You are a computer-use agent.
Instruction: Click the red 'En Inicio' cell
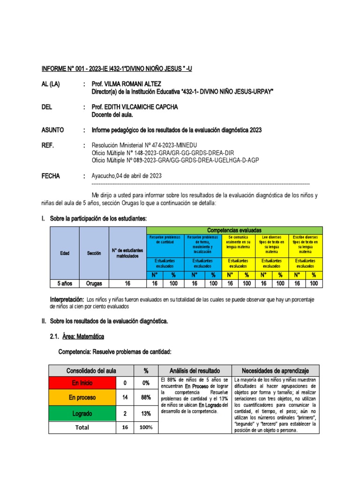pyautogui.click(x=82, y=383)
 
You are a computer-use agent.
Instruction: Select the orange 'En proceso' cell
pyautogui.click(x=82, y=397)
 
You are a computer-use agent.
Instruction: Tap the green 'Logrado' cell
pyautogui.click(x=82, y=413)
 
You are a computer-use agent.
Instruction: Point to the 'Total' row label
pyautogui.click(x=82, y=427)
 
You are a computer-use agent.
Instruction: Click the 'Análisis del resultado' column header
pyautogui.click(x=194, y=370)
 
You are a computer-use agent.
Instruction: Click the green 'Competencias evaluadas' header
pyautogui.click(x=234, y=230)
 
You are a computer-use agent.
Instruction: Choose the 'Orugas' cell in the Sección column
pyautogui.click(x=94, y=284)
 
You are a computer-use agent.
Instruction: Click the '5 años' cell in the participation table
pyautogui.click(x=64, y=284)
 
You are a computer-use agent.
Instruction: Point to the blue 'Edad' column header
pyautogui.click(x=64, y=253)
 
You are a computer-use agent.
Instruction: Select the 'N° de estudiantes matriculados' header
pyautogui.click(x=127, y=254)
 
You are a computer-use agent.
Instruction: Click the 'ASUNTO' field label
pyautogui.click(x=53, y=130)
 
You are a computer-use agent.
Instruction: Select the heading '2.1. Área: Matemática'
pyautogui.click(x=77, y=337)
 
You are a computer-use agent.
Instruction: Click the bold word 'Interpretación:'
pyautogui.click(x=67, y=299)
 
